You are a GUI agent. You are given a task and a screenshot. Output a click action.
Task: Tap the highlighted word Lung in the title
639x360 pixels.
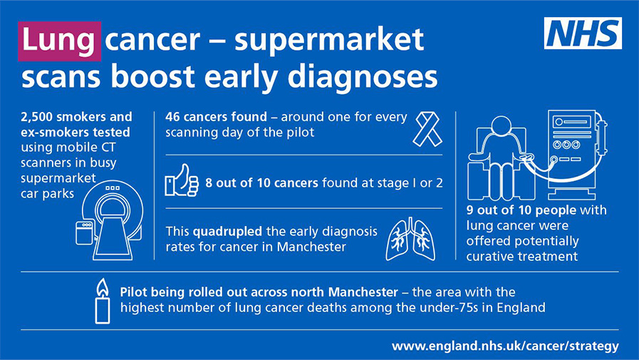(x=58, y=41)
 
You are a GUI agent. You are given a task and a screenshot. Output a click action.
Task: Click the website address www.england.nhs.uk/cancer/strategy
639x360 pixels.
(x=505, y=346)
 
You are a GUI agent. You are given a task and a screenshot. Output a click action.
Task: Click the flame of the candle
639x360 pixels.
(x=103, y=287)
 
